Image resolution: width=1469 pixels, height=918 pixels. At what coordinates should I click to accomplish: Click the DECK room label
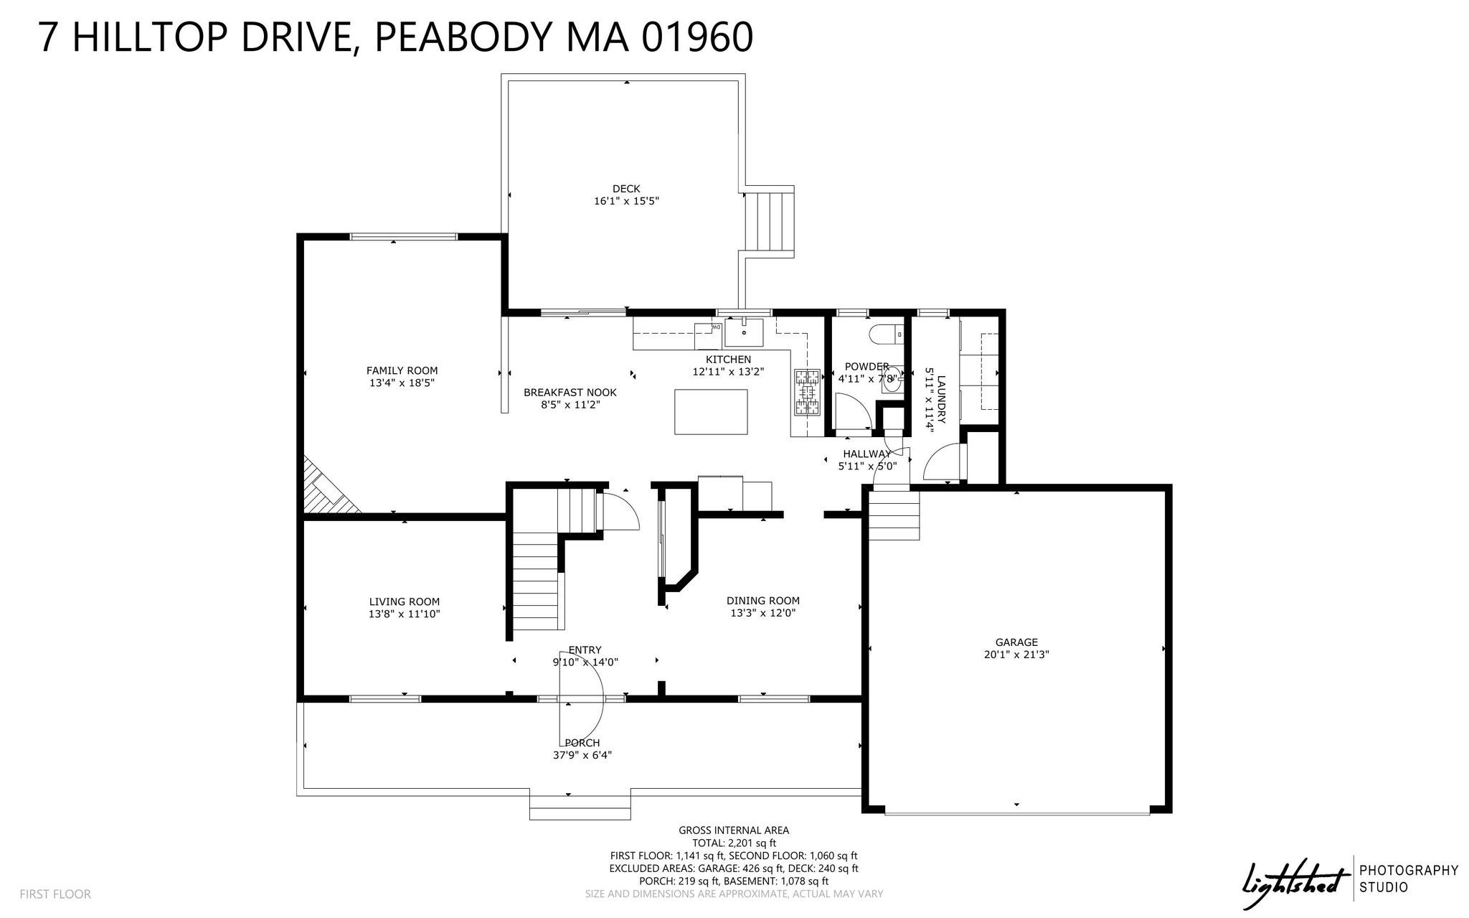[x=626, y=189]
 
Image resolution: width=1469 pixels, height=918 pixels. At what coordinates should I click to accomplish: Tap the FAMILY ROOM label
[x=402, y=370]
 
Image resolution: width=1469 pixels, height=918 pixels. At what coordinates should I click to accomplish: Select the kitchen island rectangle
[x=711, y=411]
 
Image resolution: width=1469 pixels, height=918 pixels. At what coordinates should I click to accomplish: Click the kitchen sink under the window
[x=744, y=333]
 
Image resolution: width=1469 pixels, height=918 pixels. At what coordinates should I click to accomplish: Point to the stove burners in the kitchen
[x=807, y=393]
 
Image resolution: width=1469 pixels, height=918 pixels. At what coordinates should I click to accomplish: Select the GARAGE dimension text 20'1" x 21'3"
[x=1016, y=655]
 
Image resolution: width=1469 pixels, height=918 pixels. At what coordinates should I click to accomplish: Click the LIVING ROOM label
[x=405, y=601]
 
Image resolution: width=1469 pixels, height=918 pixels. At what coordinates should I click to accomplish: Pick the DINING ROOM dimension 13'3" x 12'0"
[x=763, y=613]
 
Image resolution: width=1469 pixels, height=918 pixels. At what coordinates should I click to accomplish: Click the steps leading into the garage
[x=894, y=514]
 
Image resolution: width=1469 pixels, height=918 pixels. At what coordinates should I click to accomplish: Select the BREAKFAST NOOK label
[x=570, y=393]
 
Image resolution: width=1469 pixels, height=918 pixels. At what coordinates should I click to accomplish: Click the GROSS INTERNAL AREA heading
[x=734, y=830]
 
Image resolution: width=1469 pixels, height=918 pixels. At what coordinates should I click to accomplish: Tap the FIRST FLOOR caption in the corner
[x=55, y=894]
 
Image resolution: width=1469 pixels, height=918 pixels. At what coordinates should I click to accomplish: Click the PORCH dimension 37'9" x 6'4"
[x=582, y=755]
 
